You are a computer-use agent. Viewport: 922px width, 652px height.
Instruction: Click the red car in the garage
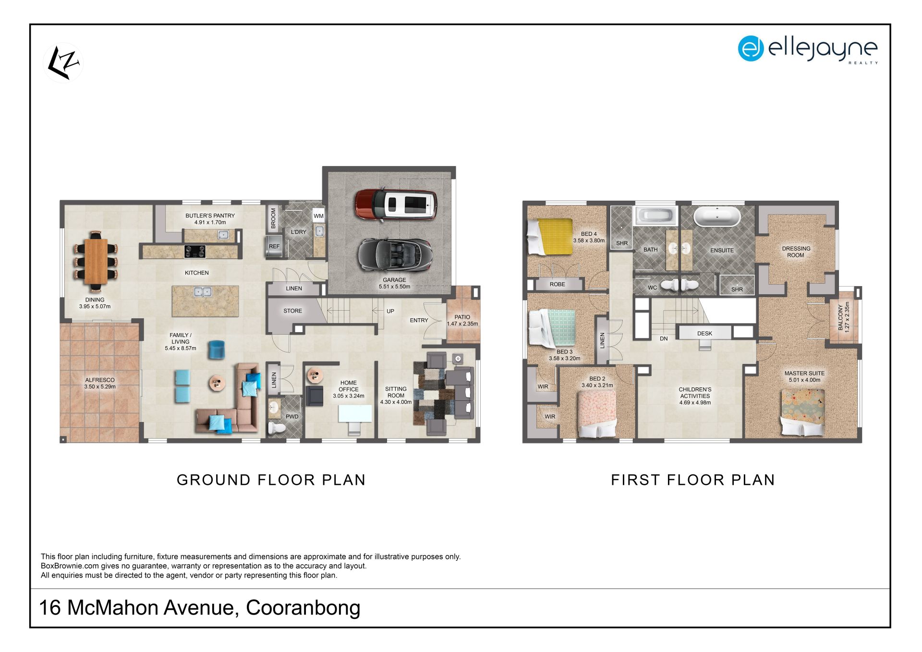pos(396,204)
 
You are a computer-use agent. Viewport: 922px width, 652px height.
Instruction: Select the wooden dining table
pos(96,261)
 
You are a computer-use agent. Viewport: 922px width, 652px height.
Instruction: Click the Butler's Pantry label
pos(210,219)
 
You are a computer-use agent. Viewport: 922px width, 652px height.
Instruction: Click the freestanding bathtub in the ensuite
pos(717,217)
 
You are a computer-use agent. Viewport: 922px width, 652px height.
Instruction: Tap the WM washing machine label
pos(318,216)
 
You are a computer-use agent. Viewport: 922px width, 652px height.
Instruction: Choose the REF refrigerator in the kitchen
pos(274,246)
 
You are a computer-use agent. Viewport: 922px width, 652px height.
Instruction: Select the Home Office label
pos(349,389)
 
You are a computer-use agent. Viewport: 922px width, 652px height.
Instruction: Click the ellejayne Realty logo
pos(808,49)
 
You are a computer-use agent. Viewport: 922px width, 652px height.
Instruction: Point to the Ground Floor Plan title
pos(271,480)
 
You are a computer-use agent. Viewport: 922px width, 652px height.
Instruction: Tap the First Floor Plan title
pos(693,480)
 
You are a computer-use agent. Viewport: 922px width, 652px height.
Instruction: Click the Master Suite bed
pos(802,412)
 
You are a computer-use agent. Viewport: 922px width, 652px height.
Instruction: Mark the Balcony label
pos(844,317)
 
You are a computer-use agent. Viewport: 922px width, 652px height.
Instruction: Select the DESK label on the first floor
pos(704,333)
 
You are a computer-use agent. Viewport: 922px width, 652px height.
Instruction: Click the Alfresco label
pos(100,383)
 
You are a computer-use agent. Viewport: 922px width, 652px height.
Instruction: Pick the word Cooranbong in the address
pos(303,608)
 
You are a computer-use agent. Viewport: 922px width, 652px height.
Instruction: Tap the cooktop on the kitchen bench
pos(195,251)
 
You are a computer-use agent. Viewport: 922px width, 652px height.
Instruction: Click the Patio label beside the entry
pos(462,320)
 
